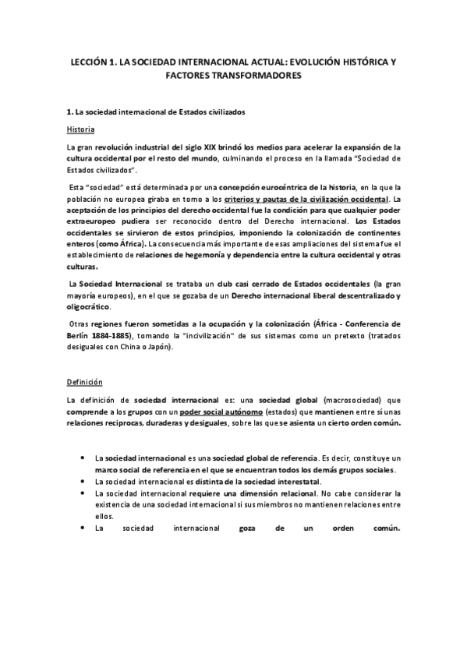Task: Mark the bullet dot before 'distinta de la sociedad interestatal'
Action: [x=82, y=482]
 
